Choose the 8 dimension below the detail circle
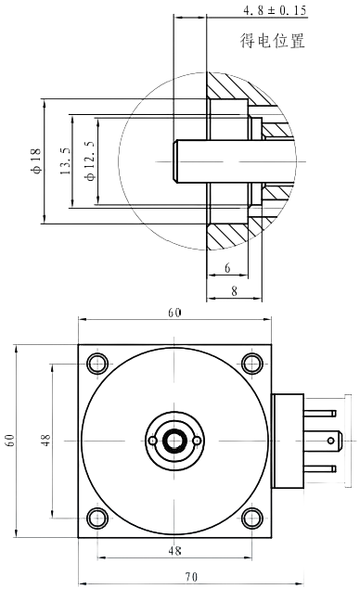[x=233, y=290]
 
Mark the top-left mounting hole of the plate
[x=96, y=363]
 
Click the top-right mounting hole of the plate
[x=251, y=363]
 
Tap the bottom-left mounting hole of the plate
[x=96, y=518]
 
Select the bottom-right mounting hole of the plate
[x=251, y=518]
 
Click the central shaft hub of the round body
[x=174, y=441]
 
